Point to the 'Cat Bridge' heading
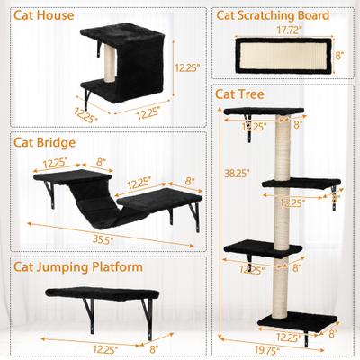click(x=43, y=141)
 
